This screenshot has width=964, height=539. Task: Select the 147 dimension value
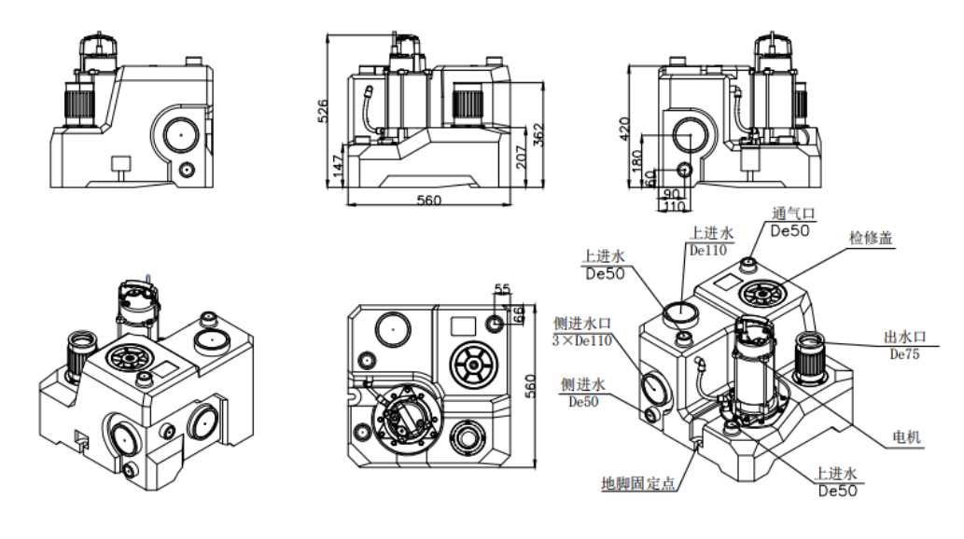tap(337, 168)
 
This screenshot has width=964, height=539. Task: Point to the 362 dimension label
tap(538, 135)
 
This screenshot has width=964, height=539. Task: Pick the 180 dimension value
tap(637, 162)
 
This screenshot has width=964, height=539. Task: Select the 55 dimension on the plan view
tap(502, 290)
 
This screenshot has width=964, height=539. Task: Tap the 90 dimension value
tap(670, 194)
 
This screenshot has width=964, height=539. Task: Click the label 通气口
tap(793, 214)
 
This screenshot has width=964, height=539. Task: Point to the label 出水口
tap(905, 337)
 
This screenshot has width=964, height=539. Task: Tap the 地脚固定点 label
tap(639, 484)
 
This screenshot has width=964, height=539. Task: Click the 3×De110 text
tap(583, 340)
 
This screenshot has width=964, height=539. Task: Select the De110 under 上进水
tap(707, 250)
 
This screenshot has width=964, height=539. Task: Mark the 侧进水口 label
tap(581, 323)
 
